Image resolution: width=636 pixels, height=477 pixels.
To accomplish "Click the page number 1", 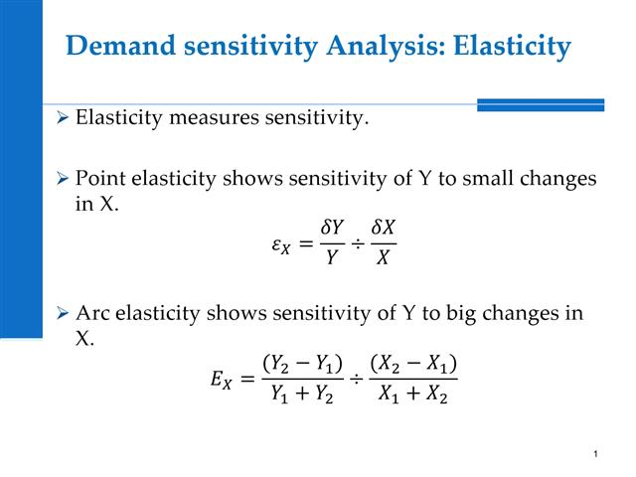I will coord(594,454).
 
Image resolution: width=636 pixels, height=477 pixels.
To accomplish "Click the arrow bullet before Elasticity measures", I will coord(63,120).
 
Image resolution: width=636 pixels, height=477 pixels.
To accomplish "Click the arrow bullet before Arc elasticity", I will coord(63,314).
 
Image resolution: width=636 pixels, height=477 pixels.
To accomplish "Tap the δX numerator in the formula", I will coord(383,230).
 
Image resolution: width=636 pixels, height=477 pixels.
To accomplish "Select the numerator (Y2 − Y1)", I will coord(302,364).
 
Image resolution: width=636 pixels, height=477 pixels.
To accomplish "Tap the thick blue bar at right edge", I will coord(541,103).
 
